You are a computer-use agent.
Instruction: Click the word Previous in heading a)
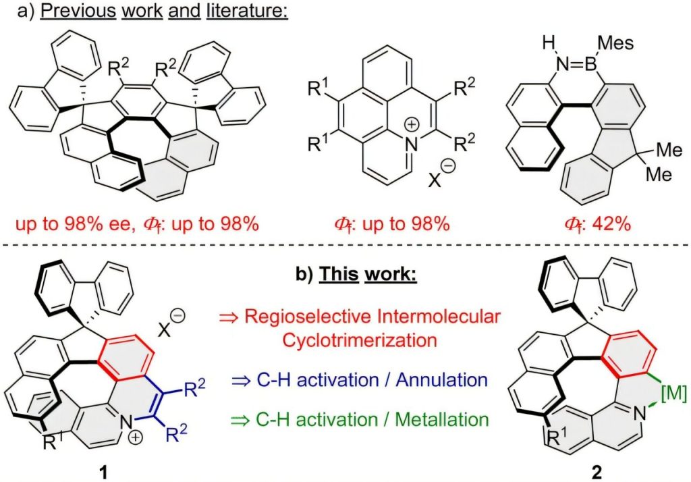pos(61,12)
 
